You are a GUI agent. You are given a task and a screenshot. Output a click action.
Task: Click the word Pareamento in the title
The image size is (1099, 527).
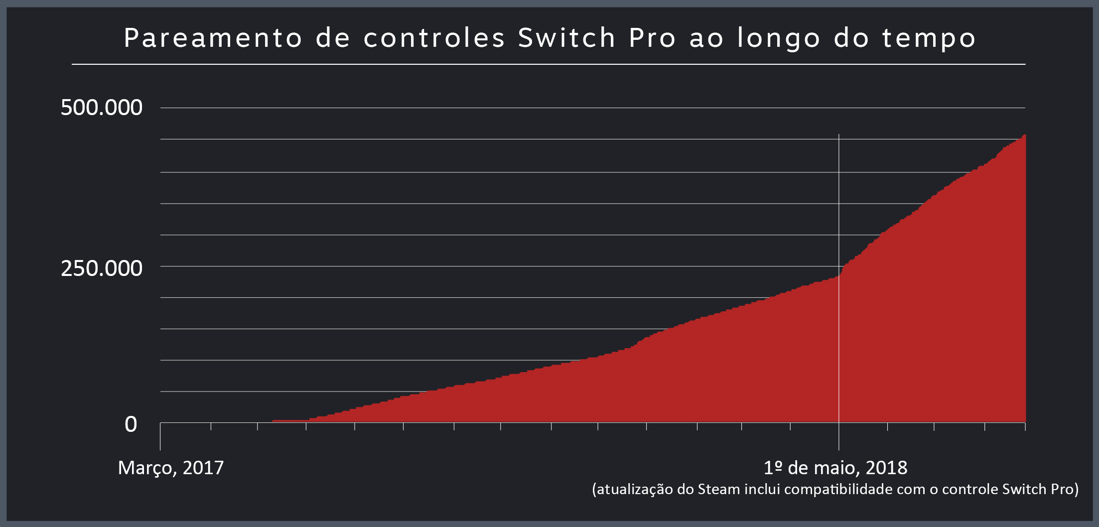pos(213,38)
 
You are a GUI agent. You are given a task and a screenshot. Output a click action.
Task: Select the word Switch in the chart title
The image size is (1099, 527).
pos(567,38)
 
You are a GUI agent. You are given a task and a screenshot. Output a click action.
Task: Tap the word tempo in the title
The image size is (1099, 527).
pos(929,38)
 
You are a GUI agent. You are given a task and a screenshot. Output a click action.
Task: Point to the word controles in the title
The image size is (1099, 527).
pos(434,38)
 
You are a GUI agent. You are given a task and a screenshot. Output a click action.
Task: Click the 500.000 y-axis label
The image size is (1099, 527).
pos(102,108)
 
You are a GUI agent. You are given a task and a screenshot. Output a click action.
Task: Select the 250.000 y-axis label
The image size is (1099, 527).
pos(102,268)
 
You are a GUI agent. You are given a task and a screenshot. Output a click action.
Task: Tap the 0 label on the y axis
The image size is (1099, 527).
pos(131,424)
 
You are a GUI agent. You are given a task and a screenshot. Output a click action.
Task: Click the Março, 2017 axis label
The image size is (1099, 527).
pos(171,468)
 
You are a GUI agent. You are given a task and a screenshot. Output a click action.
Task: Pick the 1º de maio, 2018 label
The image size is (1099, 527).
pos(835,468)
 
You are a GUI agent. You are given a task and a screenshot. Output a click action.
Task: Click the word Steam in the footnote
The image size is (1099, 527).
pos(718,489)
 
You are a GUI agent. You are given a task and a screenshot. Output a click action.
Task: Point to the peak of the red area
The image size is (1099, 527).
pos(1023,135)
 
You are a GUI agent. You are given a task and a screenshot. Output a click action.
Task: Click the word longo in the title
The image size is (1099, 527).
pos(778,38)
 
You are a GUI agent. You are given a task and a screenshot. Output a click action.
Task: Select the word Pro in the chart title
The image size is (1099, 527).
pos(652,38)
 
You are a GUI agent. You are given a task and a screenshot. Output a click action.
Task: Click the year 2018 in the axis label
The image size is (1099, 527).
pos(886,468)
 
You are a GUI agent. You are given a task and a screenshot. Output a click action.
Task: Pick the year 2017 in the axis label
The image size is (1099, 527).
pos(203,468)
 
